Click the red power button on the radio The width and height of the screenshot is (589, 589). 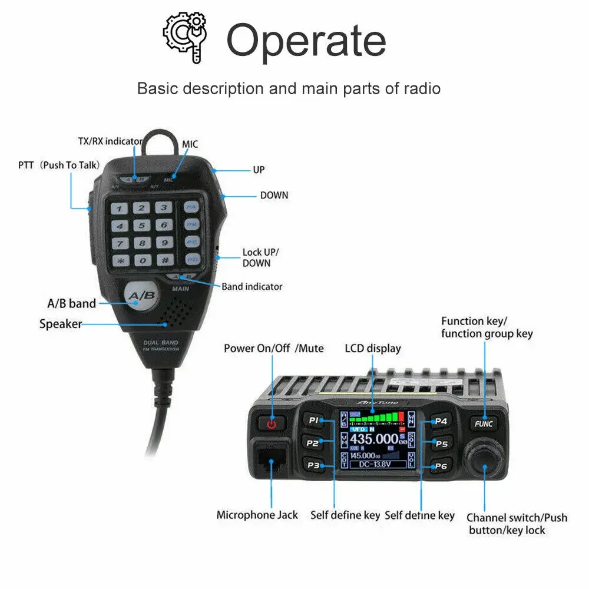pos(271,423)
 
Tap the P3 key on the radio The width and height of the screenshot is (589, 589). pos(313,465)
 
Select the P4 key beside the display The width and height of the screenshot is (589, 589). pos(441,421)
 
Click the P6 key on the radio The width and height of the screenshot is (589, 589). pos(441,466)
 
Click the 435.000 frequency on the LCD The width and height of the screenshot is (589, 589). pos(373,439)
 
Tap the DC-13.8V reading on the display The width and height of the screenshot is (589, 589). pos(377,464)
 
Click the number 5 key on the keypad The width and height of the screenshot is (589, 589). pos(142,225)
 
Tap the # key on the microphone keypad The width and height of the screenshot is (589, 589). pos(164,260)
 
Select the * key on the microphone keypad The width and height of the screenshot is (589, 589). pos(120,260)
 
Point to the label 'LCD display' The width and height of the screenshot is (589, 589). pos(372,348)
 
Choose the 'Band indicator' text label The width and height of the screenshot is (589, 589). pos(252,287)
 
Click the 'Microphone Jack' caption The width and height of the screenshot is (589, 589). pos(257,515)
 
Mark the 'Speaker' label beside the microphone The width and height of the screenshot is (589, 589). pos(60,324)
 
